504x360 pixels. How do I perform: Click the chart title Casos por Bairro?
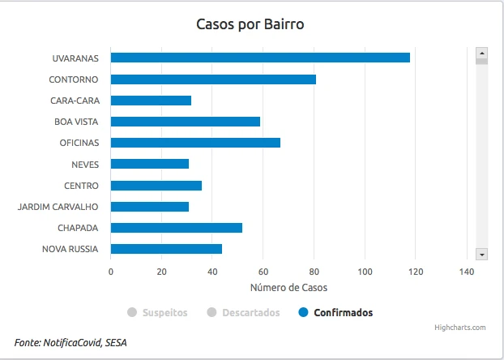(x=250, y=24)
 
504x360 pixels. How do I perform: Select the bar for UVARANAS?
(x=260, y=58)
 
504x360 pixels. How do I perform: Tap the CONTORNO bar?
(x=213, y=79)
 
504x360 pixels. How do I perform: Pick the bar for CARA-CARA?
(x=151, y=101)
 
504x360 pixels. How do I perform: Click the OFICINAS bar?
(x=195, y=143)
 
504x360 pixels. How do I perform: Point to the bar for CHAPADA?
(x=176, y=228)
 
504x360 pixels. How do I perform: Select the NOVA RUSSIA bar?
(x=166, y=249)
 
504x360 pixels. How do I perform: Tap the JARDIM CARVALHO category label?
(x=58, y=207)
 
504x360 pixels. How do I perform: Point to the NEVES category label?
(x=85, y=165)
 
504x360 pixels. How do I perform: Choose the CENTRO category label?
(x=81, y=186)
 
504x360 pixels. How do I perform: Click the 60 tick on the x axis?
(x=263, y=272)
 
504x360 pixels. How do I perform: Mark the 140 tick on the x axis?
(x=467, y=272)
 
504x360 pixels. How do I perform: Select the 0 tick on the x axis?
(x=111, y=272)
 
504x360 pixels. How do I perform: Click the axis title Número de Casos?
(x=288, y=287)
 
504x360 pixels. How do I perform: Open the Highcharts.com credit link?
(x=459, y=328)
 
